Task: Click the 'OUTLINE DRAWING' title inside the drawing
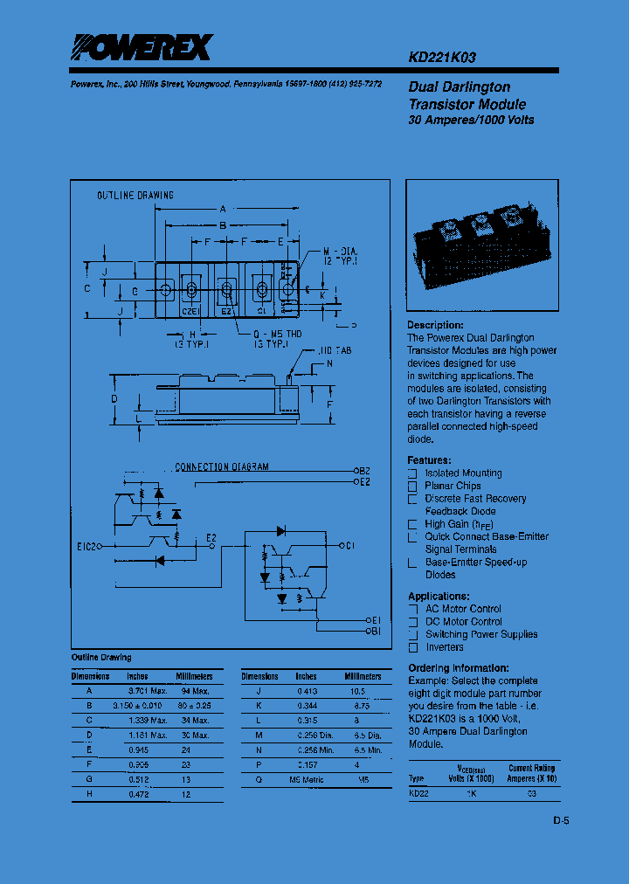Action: [135, 196]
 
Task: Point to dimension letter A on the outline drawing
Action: [223, 210]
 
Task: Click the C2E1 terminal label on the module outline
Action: [190, 309]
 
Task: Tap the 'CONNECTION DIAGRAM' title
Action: [222, 467]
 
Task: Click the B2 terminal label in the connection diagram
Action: [365, 470]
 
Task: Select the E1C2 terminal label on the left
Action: [88, 547]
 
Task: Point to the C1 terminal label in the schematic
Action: [349, 546]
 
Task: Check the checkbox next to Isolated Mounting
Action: [412, 473]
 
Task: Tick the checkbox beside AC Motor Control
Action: [412, 609]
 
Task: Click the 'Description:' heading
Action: [435, 325]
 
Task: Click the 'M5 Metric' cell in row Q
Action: [306, 780]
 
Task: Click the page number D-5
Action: [560, 820]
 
